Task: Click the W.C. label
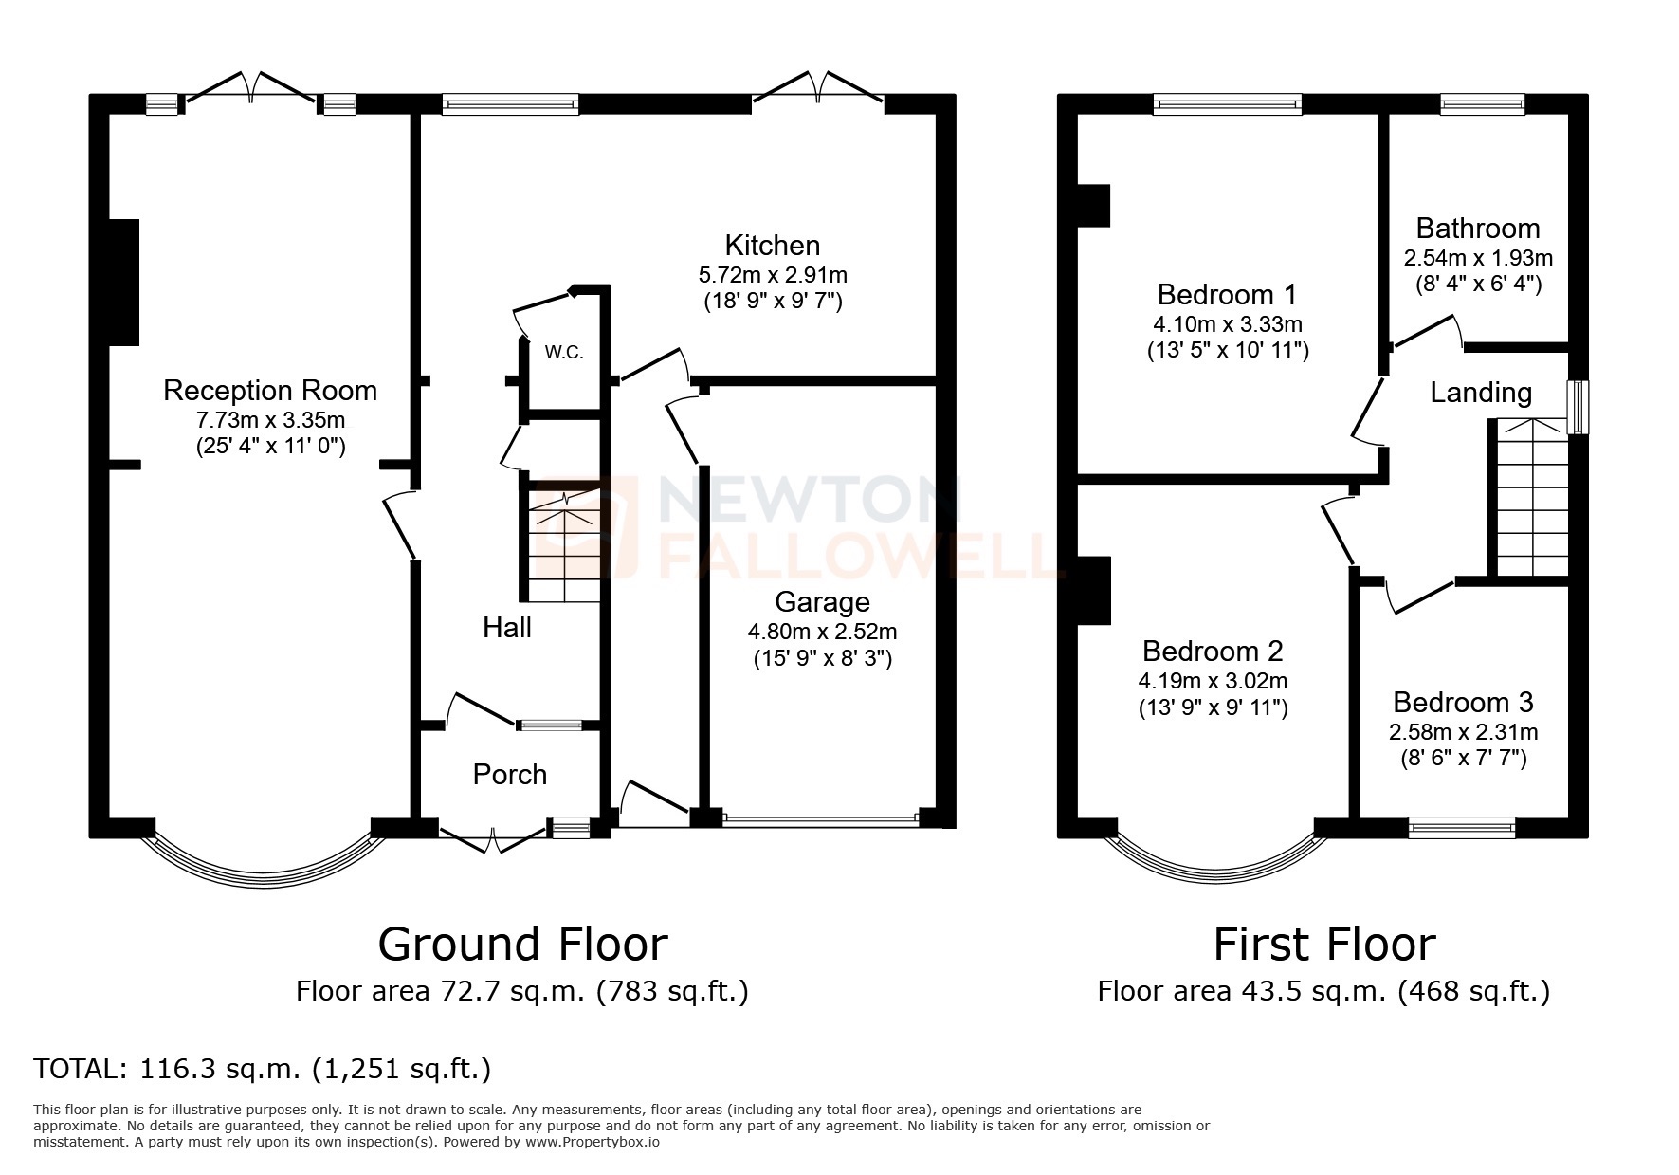563,353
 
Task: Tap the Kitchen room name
772,245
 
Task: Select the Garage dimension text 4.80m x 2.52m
822,631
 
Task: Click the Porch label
510,775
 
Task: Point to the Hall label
507,627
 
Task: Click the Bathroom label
1478,228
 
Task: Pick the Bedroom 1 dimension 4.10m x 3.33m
1227,323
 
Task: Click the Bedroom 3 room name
1463,702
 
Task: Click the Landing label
1480,393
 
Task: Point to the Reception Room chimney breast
124,282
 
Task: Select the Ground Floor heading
522,944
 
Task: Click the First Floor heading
1324,944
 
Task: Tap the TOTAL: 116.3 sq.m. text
263,1069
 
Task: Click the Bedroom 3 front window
1461,828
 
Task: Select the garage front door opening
821,817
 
